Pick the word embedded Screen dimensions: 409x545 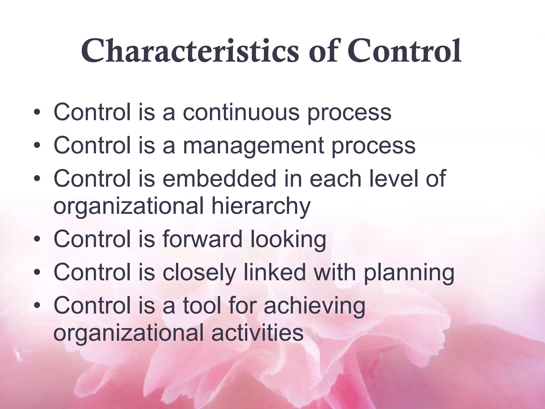coord(220,179)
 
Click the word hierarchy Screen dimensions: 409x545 coord(261,206)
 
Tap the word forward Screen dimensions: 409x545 coord(203,239)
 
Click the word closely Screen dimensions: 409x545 coord(199,273)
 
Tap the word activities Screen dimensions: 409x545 coord(257,333)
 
